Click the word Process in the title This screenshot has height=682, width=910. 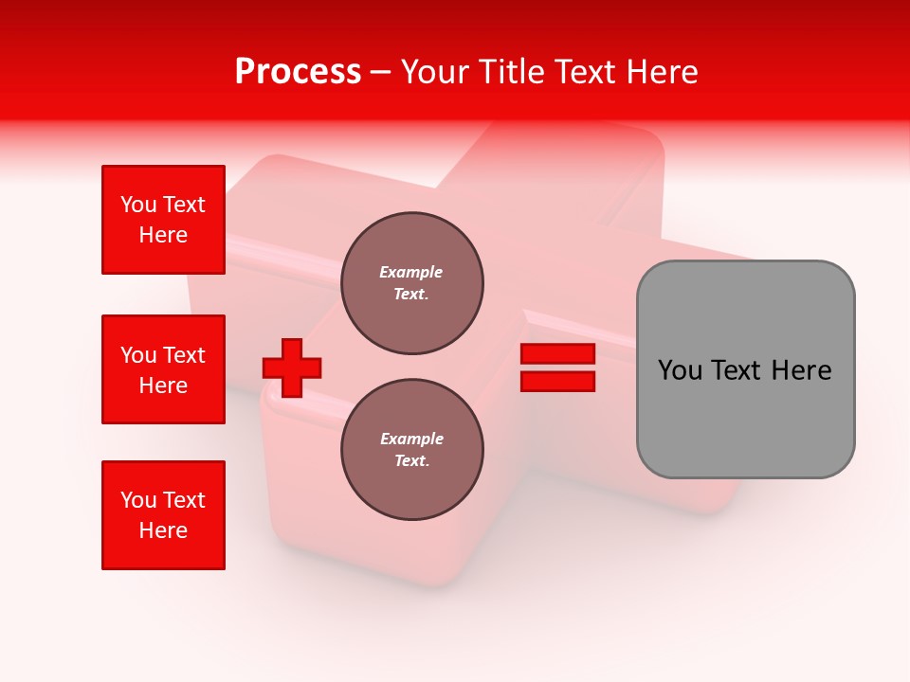(x=298, y=72)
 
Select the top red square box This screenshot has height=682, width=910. (x=163, y=220)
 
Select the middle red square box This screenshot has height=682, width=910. (x=163, y=369)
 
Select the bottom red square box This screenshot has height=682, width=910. (x=163, y=515)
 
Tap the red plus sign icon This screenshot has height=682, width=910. (x=292, y=368)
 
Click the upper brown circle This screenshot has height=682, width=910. (x=411, y=283)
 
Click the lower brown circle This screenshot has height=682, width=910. (x=411, y=450)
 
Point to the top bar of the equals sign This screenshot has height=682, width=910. (x=557, y=354)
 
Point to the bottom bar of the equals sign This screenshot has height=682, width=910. (x=557, y=381)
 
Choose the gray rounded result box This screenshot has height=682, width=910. (x=745, y=369)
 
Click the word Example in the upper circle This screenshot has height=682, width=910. (x=411, y=272)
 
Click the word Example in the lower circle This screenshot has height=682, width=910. (x=411, y=439)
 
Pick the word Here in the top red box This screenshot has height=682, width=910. (x=163, y=235)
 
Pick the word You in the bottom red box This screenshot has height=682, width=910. (x=138, y=500)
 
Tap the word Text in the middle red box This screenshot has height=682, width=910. (x=184, y=355)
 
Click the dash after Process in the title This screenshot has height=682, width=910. (x=381, y=72)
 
